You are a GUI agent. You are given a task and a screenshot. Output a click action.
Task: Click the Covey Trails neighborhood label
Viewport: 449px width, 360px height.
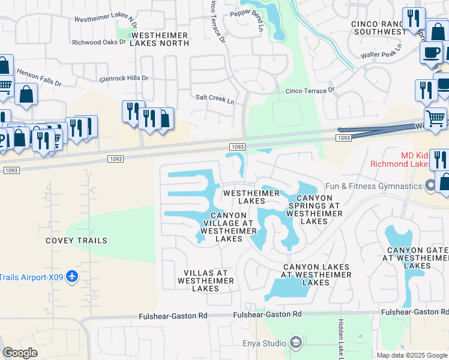tap(76, 241)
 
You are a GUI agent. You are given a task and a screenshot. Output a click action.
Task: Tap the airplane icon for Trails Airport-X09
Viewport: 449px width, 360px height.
tap(72, 277)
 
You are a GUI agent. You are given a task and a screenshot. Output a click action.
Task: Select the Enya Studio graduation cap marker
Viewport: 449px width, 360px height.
tap(295, 343)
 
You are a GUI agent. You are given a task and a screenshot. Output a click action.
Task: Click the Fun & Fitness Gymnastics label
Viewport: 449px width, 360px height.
tap(373, 186)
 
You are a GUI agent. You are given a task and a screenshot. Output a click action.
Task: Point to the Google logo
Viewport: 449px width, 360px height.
tap(20, 353)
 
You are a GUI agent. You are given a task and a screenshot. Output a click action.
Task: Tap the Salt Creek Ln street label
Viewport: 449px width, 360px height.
tap(215, 99)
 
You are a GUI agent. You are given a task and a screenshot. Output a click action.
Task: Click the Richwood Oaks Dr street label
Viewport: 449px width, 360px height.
tap(99, 43)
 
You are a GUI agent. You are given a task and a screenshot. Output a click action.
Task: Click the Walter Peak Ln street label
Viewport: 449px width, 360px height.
tap(382, 52)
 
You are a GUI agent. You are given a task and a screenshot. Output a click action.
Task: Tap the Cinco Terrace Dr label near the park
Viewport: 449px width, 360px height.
tap(310, 91)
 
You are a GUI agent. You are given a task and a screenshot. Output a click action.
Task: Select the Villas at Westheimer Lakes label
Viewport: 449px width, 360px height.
tap(206, 280)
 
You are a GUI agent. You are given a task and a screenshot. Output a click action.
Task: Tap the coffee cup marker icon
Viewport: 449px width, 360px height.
tap(430, 53)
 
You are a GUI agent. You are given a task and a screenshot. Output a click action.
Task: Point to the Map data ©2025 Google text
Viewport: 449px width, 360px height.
tap(412, 355)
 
